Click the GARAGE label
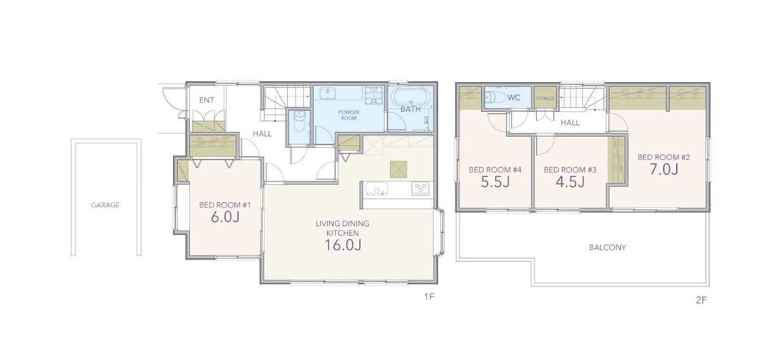[x=105, y=205]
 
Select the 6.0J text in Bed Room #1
[x=225, y=218]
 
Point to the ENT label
[x=207, y=100]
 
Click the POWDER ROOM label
[x=349, y=115]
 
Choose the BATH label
[x=410, y=110]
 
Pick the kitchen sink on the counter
[x=377, y=188]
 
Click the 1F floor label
[x=429, y=297]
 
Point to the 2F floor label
[x=701, y=300]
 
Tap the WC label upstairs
[x=514, y=98]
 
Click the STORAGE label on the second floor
[x=545, y=99]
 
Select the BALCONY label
[x=607, y=247]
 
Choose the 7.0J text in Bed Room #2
[x=663, y=169]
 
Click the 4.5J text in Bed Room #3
[x=570, y=182]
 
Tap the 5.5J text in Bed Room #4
[x=495, y=182]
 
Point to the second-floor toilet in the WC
[x=494, y=97]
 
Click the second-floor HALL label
[x=570, y=123]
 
